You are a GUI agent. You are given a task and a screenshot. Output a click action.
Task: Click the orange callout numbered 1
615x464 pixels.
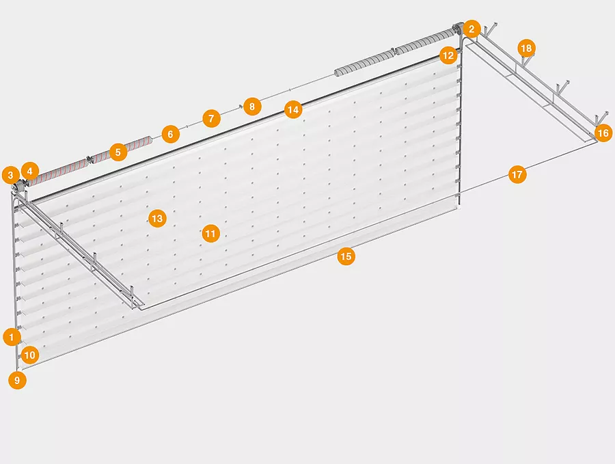[x=12, y=337]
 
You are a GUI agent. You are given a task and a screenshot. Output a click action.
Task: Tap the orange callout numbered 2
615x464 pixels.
[x=471, y=29]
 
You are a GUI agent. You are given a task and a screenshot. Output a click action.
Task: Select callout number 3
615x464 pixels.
[x=10, y=175]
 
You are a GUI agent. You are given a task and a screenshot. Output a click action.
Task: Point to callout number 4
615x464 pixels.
[x=30, y=171]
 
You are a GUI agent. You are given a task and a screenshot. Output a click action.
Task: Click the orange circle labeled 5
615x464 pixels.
[x=118, y=152]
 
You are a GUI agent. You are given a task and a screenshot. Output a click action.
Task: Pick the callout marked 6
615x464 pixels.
[x=171, y=134]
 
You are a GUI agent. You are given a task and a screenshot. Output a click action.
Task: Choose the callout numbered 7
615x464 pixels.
[x=211, y=118]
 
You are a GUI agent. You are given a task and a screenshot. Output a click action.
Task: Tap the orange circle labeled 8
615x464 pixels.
[x=252, y=107]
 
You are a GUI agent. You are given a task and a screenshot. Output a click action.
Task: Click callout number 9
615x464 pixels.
[x=17, y=380]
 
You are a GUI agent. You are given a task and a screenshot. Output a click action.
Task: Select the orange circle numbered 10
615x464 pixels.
[x=30, y=355]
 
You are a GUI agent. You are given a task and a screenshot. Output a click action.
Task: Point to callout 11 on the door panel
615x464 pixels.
[x=210, y=234]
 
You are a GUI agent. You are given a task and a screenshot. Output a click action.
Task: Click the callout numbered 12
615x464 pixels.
[x=448, y=55]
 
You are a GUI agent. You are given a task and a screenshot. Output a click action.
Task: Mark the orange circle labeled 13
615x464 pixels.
[x=157, y=218]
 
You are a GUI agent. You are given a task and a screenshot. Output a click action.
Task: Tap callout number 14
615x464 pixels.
[x=293, y=109]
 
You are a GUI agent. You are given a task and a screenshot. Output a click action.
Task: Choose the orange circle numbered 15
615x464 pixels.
[x=346, y=256]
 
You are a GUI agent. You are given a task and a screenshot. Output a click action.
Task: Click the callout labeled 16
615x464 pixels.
[x=603, y=133]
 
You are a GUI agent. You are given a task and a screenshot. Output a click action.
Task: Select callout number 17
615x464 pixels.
[x=517, y=174]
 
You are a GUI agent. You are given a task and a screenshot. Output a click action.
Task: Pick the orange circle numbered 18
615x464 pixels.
[x=526, y=48]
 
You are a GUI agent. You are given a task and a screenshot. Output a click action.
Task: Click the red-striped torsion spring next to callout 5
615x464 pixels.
[x=90, y=159]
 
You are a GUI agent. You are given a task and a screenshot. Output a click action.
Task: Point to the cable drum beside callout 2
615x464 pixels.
[x=458, y=29]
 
